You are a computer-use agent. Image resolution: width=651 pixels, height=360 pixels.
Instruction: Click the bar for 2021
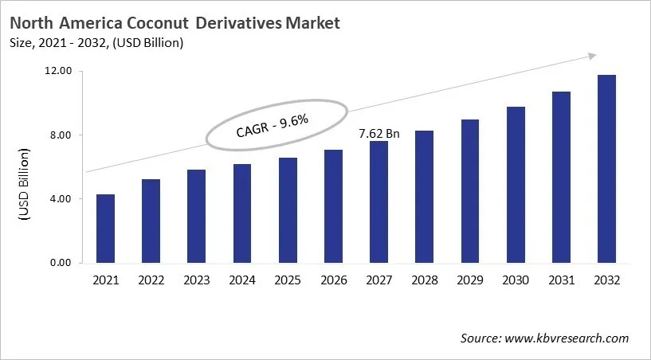105,229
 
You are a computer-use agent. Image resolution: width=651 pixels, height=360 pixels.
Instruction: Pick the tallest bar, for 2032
606,169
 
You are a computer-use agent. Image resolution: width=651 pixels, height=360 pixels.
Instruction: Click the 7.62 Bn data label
379,133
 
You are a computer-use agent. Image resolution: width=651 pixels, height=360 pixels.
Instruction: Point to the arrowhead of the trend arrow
593,55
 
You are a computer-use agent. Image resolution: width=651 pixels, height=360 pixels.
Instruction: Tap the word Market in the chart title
312,23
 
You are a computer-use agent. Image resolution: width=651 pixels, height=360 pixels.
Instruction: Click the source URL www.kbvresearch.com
567,338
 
